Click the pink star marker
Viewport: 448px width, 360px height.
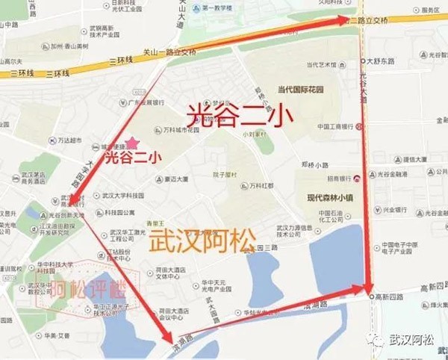coord(132,142)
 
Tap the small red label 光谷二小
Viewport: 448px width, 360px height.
coord(132,157)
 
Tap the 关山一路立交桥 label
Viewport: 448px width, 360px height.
coord(170,53)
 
